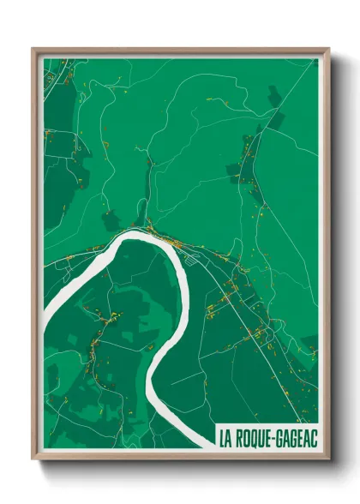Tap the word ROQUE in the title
tap(256, 436)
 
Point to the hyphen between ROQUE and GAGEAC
tap(276, 436)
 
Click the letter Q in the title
tap(256, 436)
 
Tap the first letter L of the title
tap(223, 436)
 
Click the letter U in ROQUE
tap(264, 436)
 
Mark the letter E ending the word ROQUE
tap(271, 436)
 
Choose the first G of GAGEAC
tap(281, 436)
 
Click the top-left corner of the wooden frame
tap(33, 49)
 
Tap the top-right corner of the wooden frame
tap(328, 49)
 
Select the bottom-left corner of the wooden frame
tap(33, 459)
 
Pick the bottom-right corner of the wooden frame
tap(328, 459)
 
